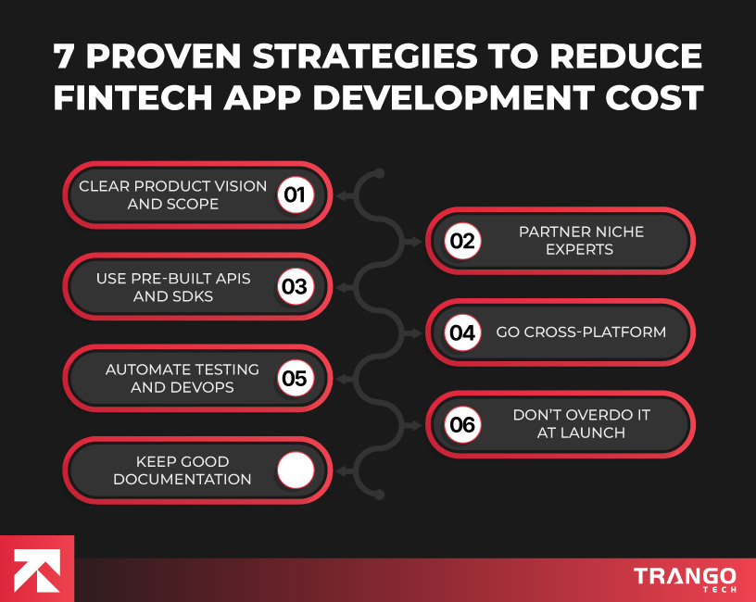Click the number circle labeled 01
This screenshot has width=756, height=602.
tap(295, 195)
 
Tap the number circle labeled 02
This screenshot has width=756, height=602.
tap(461, 242)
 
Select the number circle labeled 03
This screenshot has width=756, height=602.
tap(295, 287)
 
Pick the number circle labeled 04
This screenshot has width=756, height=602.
tap(461, 332)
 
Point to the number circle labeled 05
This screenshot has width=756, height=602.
tap(295, 379)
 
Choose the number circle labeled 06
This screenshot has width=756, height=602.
tap(461, 425)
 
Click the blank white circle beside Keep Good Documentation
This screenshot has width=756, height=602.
tap(296, 470)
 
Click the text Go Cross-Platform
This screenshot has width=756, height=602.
tap(581, 332)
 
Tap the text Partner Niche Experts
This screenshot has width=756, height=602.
tap(581, 241)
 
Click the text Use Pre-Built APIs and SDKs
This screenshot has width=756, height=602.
tap(173, 287)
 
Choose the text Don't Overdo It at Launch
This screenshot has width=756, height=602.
tap(581, 424)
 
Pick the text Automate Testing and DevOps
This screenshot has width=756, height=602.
tap(182, 379)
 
